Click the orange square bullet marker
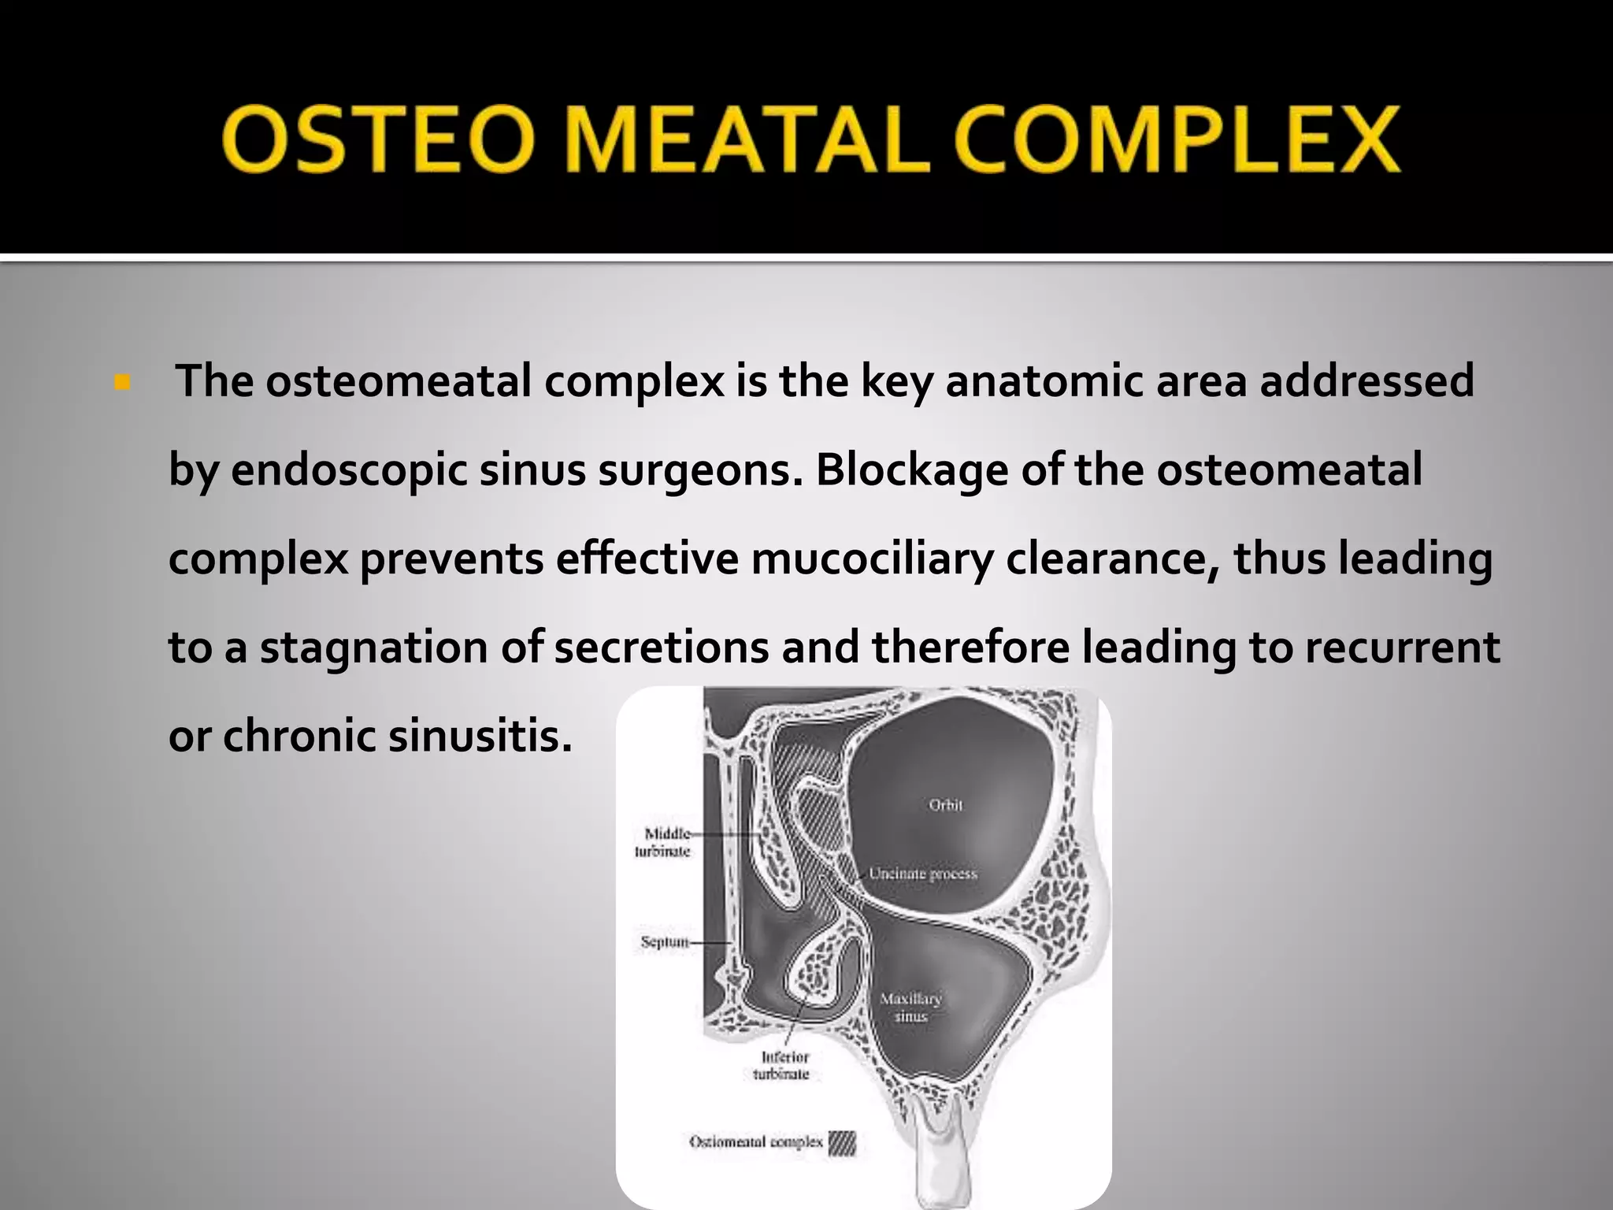pos(122,384)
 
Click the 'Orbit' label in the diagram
pos(946,805)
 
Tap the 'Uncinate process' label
pos(922,874)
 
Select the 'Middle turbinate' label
pos(663,842)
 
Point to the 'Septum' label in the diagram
pos(664,941)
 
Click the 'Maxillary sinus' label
pos(910,1008)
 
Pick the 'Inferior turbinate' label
pos(781,1066)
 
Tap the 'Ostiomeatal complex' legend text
pos(755,1142)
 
